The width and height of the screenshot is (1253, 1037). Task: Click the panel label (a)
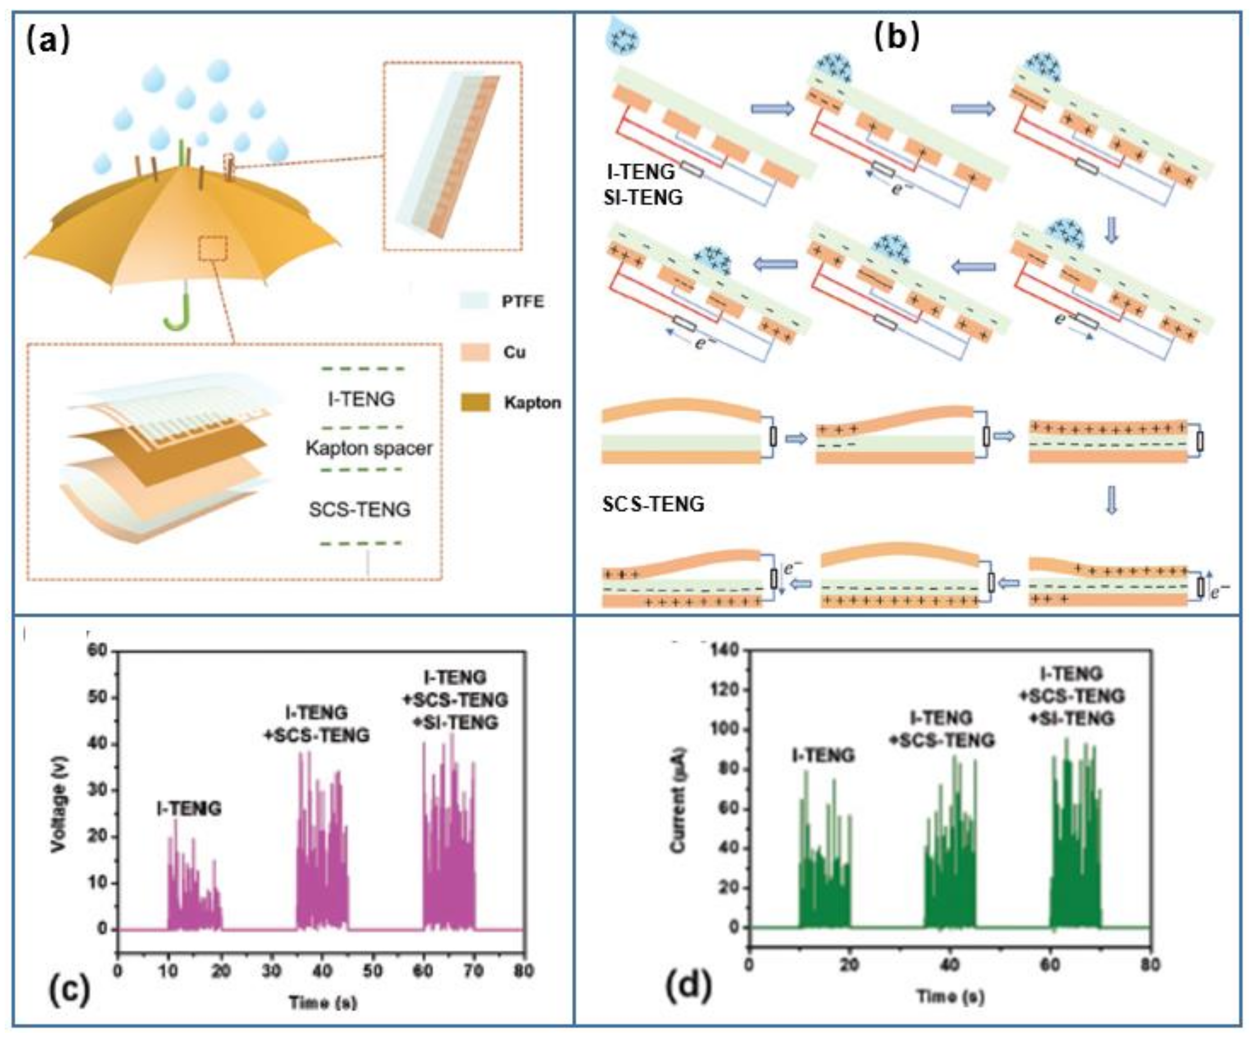point(48,41)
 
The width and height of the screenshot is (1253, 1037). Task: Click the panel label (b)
point(896,37)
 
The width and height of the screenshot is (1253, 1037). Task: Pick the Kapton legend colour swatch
point(475,402)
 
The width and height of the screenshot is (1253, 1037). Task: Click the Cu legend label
point(514,352)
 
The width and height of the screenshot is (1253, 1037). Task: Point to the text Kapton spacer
point(369,448)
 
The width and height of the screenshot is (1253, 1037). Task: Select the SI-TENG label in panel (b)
point(643,197)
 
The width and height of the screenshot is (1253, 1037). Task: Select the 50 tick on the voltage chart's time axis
point(373,971)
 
